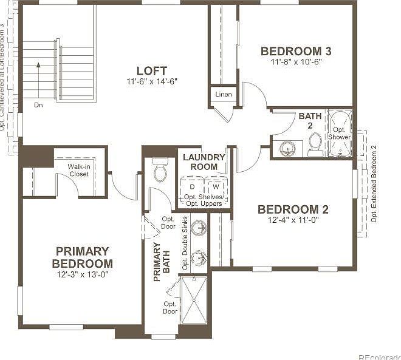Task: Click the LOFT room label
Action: pyautogui.click(x=151, y=70)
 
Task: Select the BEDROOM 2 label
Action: pyautogui.click(x=293, y=209)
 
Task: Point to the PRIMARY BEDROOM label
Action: pyautogui.click(x=82, y=257)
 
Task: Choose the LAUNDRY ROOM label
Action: pyautogui.click(x=204, y=162)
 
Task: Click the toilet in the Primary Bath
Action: pyautogui.click(x=160, y=171)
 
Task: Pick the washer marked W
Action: pyautogui.click(x=215, y=188)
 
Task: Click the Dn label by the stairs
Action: pyautogui.click(x=38, y=104)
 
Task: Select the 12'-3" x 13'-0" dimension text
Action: pyautogui.click(x=82, y=274)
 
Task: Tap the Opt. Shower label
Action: pyautogui.click(x=341, y=133)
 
